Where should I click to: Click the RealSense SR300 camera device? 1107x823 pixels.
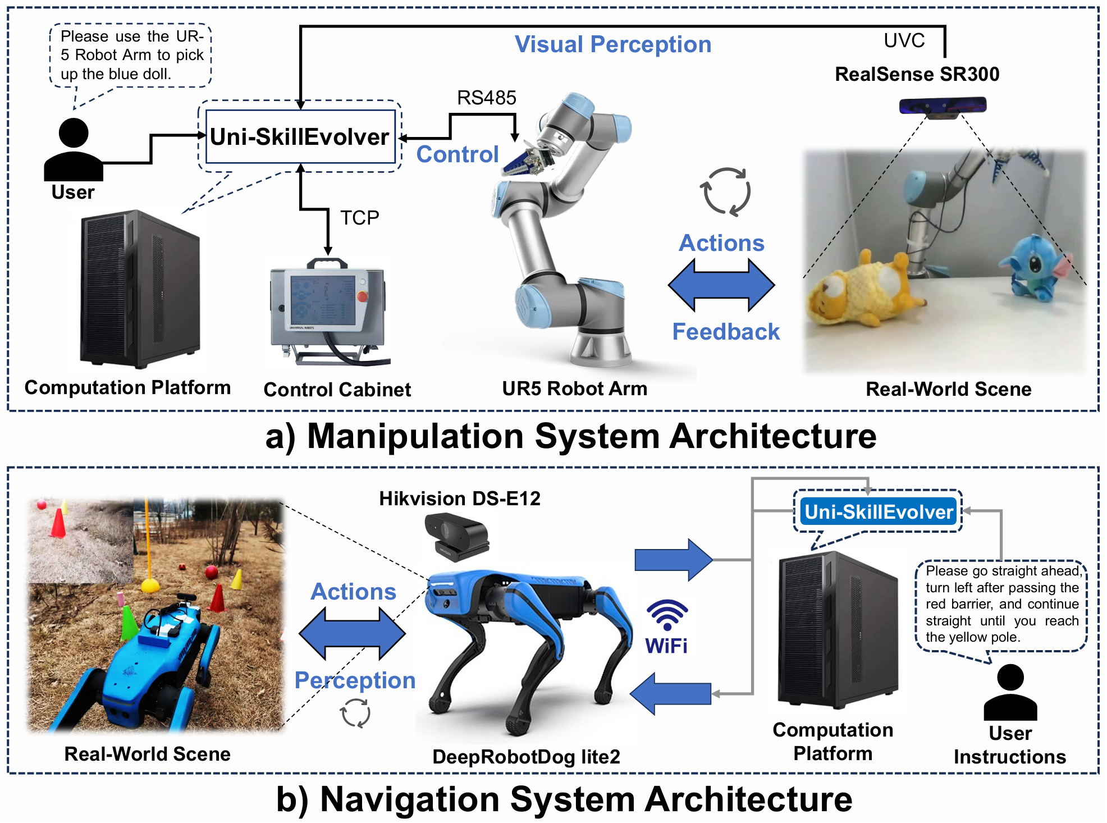tap(943, 107)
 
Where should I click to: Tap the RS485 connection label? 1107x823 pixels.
tap(486, 98)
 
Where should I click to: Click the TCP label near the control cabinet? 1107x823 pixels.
tap(360, 217)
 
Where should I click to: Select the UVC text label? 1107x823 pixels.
tap(904, 40)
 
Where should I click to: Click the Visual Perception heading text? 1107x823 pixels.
tap(613, 44)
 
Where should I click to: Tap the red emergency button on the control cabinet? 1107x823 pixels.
tap(362, 296)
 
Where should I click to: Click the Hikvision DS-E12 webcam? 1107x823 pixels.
tap(457, 538)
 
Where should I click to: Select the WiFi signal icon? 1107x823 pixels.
tap(667, 615)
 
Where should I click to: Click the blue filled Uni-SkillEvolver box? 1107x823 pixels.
tap(878, 511)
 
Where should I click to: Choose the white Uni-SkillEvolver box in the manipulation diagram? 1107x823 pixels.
tap(300, 136)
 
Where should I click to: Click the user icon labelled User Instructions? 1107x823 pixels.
tap(1010, 692)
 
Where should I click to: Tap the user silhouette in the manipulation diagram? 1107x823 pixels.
tap(74, 150)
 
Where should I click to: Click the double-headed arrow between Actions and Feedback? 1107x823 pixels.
tap(721, 285)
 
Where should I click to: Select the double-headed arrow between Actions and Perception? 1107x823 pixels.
tap(352, 634)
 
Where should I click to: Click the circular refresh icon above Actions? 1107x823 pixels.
tap(725, 191)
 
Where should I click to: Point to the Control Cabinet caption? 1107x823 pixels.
tap(337, 389)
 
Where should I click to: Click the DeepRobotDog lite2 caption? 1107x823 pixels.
tap(526, 756)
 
